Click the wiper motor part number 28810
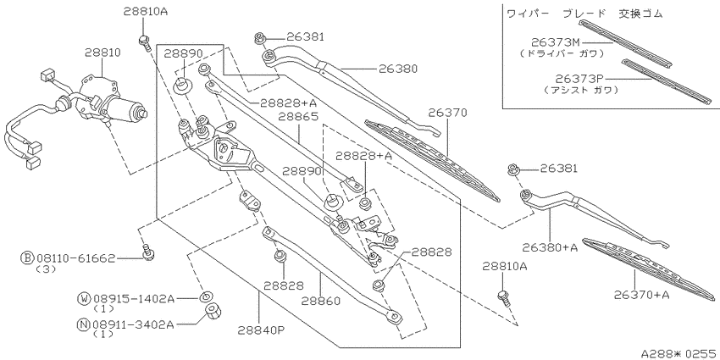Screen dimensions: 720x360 (x=102, y=53)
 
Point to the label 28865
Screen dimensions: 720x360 (x=300, y=117)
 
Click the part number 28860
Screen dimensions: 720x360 (x=321, y=302)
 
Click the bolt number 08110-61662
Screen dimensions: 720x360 (x=75, y=259)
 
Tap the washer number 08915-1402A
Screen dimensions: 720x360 (x=134, y=299)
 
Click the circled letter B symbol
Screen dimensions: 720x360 (x=26, y=259)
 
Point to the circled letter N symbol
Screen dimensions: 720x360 (x=83, y=324)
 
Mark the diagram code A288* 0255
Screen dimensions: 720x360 (x=679, y=353)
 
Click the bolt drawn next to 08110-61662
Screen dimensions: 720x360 (x=147, y=252)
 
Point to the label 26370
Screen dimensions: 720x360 (x=448, y=113)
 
